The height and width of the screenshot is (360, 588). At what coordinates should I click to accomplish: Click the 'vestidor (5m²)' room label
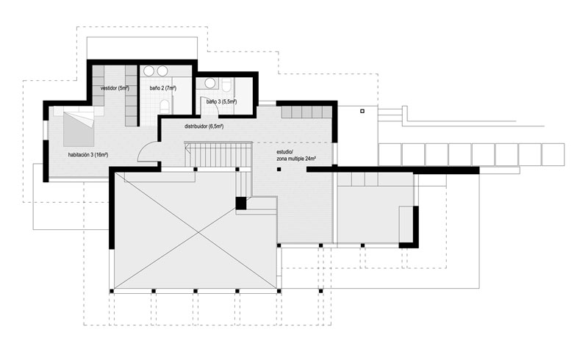pos(115,88)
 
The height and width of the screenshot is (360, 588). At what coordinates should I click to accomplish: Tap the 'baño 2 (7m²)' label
pos(163,88)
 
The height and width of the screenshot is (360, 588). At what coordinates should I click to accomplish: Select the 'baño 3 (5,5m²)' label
pos(221,101)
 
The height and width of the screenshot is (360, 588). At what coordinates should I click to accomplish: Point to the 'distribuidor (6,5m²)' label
pos(204,127)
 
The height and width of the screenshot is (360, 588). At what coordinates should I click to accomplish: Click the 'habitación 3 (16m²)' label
pos(88,155)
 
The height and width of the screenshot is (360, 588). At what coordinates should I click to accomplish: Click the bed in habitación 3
pos(79,129)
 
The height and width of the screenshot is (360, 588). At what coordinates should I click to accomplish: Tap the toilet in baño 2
pos(164,107)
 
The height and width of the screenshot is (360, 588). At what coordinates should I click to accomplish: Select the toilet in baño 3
pos(227,84)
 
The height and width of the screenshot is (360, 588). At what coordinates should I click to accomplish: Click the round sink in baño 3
pos(210,83)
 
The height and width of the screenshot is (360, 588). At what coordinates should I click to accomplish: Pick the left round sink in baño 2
pos(149,71)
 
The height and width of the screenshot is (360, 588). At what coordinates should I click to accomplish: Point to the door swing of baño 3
pos(212,106)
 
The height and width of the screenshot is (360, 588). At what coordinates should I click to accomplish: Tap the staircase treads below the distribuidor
pos(218,154)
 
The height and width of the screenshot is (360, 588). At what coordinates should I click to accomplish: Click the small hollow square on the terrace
pos(362,112)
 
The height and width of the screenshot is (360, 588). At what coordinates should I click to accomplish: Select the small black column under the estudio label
pos(279,170)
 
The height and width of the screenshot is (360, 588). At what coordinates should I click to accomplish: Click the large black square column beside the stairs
pos(241,204)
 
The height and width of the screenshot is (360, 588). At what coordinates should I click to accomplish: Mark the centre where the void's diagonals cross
pos(198,233)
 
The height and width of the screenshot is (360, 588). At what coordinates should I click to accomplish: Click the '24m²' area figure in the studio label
pos(310,159)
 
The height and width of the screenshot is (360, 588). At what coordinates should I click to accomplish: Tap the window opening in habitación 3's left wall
pos(46,130)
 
